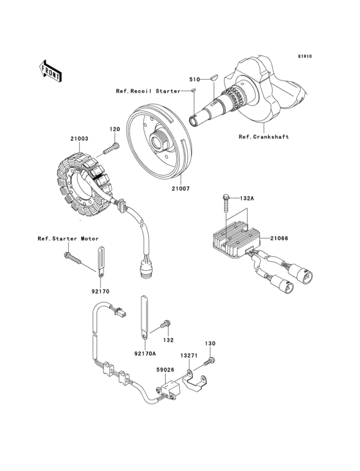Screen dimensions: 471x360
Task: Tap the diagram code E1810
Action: tap(304, 56)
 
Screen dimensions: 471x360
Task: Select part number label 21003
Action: tap(79, 138)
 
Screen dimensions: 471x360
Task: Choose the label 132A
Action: tap(248, 198)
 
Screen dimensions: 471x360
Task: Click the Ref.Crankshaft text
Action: tap(264, 136)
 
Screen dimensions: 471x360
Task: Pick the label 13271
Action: tap(188, 355)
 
